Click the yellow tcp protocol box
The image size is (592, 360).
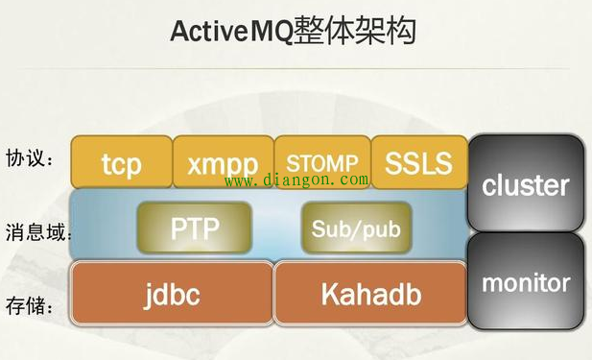(121, 162)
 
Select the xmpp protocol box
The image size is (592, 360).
(222, 162)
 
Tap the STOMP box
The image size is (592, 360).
(321, 162)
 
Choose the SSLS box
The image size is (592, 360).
(417, 162)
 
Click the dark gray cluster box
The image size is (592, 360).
(525, 184)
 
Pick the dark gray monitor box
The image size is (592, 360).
(525, 283)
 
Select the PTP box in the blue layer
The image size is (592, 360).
(195, 228)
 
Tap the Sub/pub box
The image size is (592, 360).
(355, 229)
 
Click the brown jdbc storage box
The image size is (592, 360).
(173, 292)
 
